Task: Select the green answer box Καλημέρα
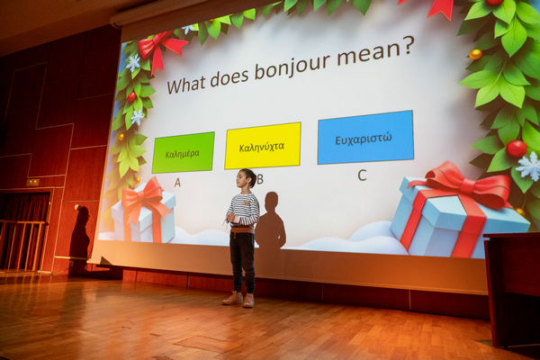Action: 183,152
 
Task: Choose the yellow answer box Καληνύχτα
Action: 263,146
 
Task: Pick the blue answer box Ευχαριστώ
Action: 365,137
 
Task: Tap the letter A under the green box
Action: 177,182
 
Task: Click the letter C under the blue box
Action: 362,175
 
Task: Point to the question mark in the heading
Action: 407,46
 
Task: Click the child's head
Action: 247,178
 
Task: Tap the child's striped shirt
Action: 243,210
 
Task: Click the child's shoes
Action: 238,299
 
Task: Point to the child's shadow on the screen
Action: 272,220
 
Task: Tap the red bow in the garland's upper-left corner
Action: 161,49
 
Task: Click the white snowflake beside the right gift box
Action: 529,166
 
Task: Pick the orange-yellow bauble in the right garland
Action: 475,54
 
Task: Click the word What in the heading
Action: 186,85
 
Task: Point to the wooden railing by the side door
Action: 22,244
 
